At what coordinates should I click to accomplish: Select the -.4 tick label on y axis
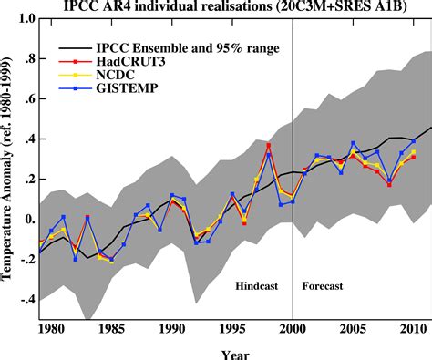pos(25,300)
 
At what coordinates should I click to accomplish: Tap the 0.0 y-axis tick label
pos(26,220)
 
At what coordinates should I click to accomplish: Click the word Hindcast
pos(256,285)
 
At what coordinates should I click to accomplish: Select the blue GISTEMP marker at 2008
pos(389,178)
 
